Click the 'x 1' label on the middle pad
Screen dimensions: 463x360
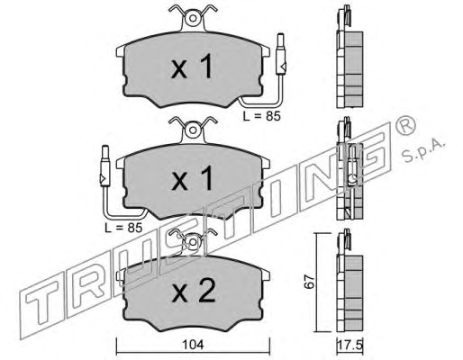click(192, 179)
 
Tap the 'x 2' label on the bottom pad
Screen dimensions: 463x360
click(194, 291)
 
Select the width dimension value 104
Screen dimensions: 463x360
click(194, 345)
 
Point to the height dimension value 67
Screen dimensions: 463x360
click(309, 282)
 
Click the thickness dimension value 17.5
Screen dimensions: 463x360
click(350, 345)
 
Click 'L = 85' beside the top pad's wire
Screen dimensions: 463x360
click(262, 116)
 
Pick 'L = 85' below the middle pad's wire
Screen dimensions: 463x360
click(123, 228)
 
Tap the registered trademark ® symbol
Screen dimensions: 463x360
click(406, 124)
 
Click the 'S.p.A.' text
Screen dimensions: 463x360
click(423, 150)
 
